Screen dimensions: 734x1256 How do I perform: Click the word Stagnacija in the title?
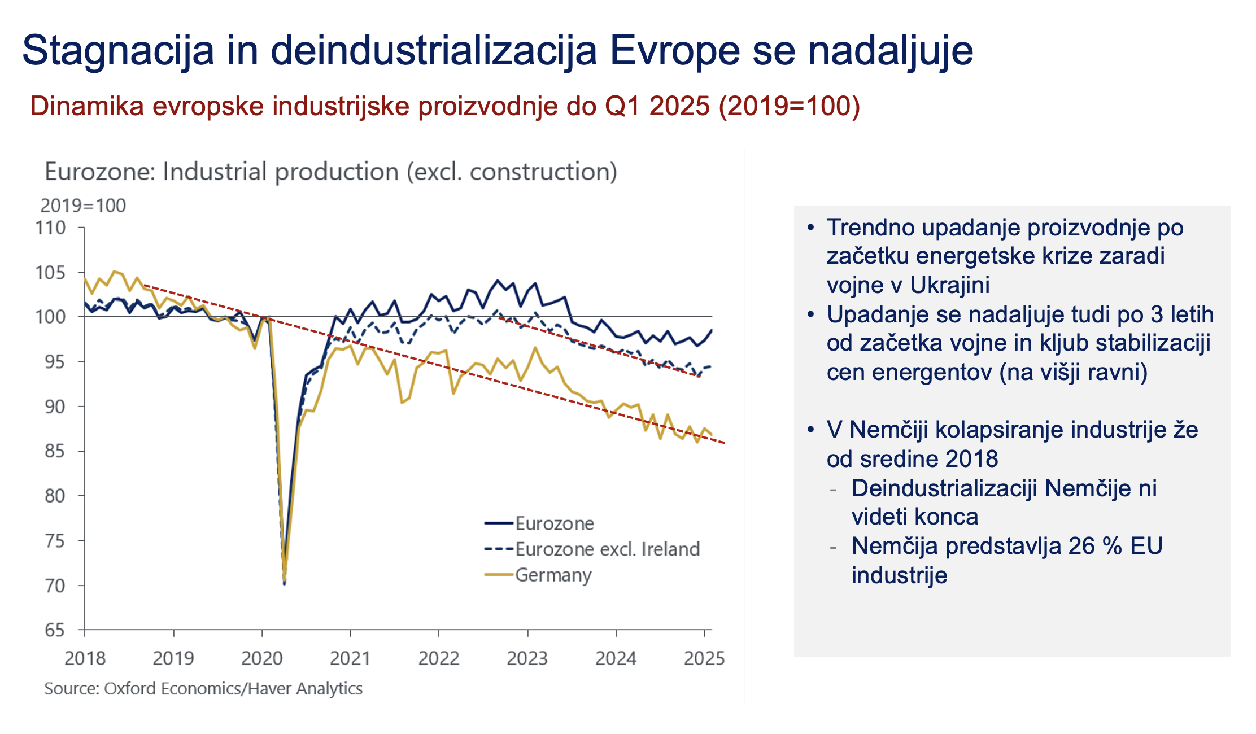click(118, 51)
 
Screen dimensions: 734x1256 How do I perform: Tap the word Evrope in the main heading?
click(675, 51)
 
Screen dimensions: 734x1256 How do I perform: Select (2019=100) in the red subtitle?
click(789, 106)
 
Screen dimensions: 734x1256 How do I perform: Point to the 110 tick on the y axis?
click(51, 228)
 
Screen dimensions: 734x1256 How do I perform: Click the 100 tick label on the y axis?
click(51, 317)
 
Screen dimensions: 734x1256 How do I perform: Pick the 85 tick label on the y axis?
click(55, 451)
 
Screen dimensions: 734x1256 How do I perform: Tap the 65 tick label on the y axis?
click(55, 630)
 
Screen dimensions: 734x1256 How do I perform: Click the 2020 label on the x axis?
click(261, 658)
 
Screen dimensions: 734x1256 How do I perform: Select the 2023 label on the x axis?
click(527, 658)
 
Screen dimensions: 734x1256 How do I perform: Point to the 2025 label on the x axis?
click(704, 658)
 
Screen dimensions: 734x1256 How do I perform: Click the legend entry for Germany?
click(553, 575)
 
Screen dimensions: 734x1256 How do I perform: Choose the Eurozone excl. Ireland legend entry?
click(607, 549)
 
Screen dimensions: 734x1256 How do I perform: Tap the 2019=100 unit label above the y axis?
click(83, 206)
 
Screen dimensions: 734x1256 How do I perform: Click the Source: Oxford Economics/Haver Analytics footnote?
click(203, 689)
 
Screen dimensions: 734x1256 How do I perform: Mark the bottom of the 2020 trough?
click(284, 583)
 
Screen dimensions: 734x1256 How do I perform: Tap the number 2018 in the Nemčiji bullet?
click(972, 459)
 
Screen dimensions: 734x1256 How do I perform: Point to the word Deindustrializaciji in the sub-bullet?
click(944, 488)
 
